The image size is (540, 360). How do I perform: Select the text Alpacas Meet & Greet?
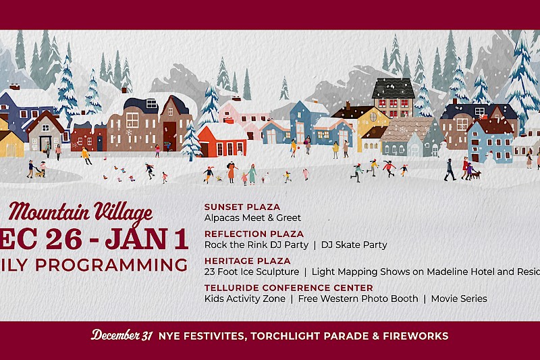(252, 218)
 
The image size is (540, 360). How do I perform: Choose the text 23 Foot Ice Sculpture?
(251, 272)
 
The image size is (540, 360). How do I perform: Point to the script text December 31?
(122, 335)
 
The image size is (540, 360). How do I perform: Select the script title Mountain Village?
(81, 214)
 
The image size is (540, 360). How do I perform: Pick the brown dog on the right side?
(477, 174)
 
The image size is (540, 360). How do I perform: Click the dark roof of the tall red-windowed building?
(394, 88)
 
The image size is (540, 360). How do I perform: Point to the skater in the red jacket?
(389, 167)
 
